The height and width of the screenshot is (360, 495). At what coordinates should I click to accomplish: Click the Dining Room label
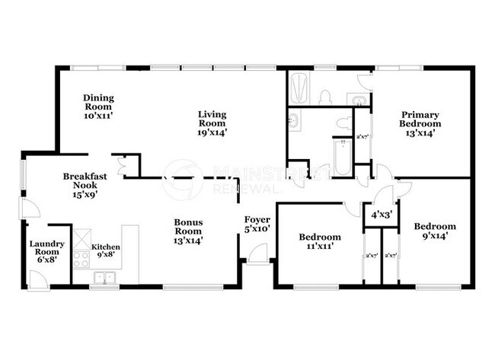pyautogui.click(x=97, y=107)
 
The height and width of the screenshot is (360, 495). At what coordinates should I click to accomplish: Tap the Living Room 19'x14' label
pyautogui.click(x=212, y=124)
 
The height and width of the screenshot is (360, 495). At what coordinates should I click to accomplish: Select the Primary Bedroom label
pyautogui.click(x=420, y=123)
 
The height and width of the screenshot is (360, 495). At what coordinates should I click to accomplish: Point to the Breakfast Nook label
pyautogui.click(x=84, y=185)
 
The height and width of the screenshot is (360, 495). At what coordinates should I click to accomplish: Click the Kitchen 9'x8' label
pyautogui.click(x=106, y=252)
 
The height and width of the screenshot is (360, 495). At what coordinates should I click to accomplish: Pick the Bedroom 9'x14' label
pyautogui.click(x=435, y=231)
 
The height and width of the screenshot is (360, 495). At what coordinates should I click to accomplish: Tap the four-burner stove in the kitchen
pyautogui.click(x=82, y=257)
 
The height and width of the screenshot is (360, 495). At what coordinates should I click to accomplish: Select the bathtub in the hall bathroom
pyautogui.click(x=340, y=157)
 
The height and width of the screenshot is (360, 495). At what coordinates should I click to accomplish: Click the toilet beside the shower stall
pyautogui.click(x=325, y=96)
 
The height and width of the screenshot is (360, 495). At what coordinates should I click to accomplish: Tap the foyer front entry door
pyautogui.click(x=257, y=253)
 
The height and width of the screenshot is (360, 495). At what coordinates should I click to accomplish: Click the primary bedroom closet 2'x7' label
pyautogui.click(x=362, y=138)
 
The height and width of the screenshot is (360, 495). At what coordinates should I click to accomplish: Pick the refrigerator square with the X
pyautogui.click(x=82, y=235)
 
